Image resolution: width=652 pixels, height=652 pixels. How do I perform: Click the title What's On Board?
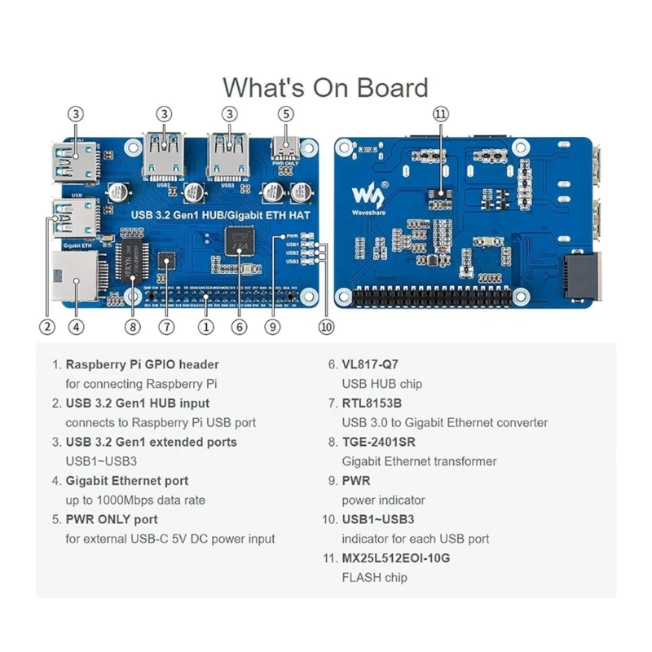coord(325,87)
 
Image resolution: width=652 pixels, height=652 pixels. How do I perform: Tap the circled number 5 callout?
coord(285,114)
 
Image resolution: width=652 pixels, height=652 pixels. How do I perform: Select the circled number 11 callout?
coord(441,114)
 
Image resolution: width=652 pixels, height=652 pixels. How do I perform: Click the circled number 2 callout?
coord(46,327)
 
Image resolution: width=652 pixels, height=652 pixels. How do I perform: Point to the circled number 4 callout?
coord(76,327)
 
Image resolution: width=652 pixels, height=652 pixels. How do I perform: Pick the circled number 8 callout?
coord(134,327)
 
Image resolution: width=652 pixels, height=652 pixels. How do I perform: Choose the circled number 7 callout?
coord(166,327)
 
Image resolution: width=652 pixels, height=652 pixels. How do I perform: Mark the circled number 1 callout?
coord(206,327)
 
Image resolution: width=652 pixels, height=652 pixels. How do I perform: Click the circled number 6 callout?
coord(239,327)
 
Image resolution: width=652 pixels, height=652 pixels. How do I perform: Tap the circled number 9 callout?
coord(273,327)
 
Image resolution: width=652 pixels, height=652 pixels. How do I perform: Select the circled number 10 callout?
coord(326,327)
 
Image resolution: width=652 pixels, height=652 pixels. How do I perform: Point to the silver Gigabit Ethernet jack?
coord(74,275)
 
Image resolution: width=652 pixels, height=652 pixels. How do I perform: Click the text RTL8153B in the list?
coord(372,403)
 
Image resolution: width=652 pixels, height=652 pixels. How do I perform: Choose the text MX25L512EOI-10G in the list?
coord(395,558)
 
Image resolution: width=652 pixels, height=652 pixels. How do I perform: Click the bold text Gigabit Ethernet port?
coord(126,481)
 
